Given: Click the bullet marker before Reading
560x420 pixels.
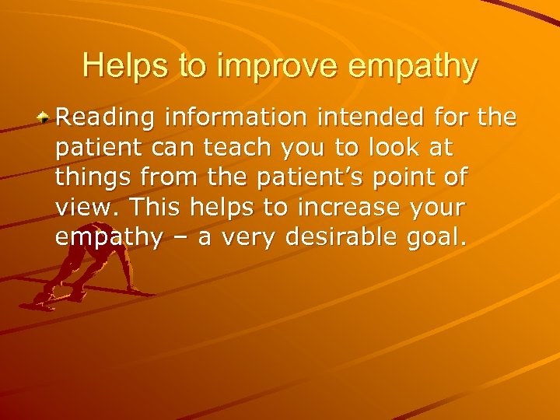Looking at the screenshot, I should tap(45, 118).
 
